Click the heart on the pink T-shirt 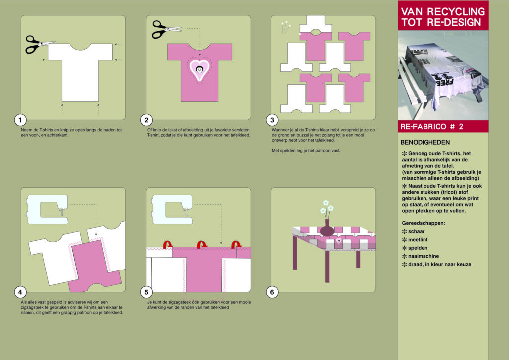199,70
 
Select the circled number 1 20,120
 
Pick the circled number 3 272,120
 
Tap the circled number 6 272,292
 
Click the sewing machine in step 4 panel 48,209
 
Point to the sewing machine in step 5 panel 172,209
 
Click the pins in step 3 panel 286,27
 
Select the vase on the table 327,228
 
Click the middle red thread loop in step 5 202,245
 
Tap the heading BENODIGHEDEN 425,142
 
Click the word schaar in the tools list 416,231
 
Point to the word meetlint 418,240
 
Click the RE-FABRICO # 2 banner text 432,127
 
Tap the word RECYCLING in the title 456,12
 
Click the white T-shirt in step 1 80,73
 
